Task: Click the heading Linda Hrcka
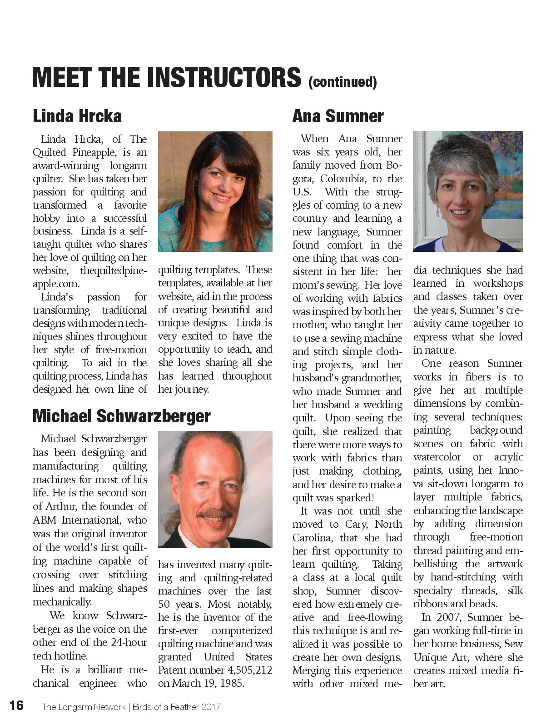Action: tap(77, 116)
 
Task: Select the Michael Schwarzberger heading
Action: tap(121, 416)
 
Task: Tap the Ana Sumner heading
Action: tap(338, 116)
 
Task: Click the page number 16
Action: tap(16, 706)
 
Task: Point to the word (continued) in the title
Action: tap(343, 82)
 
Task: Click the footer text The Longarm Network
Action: tap(83, 707)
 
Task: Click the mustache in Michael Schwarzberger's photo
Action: tap(213, 515)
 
